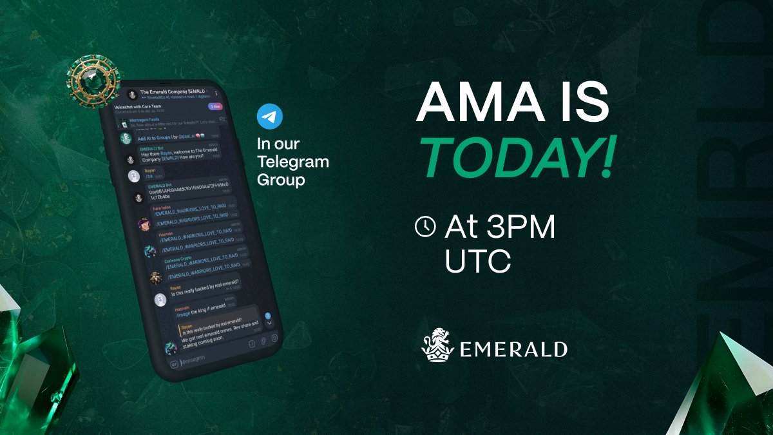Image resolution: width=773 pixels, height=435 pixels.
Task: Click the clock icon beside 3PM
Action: (425, 226)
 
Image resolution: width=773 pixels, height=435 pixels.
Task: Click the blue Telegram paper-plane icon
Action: (270, 118)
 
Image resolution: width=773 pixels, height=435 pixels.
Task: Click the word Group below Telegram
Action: (281, 180)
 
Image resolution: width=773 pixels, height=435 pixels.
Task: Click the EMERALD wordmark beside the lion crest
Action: (513, 350)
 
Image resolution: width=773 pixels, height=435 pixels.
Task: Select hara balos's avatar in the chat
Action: (145, 224)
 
